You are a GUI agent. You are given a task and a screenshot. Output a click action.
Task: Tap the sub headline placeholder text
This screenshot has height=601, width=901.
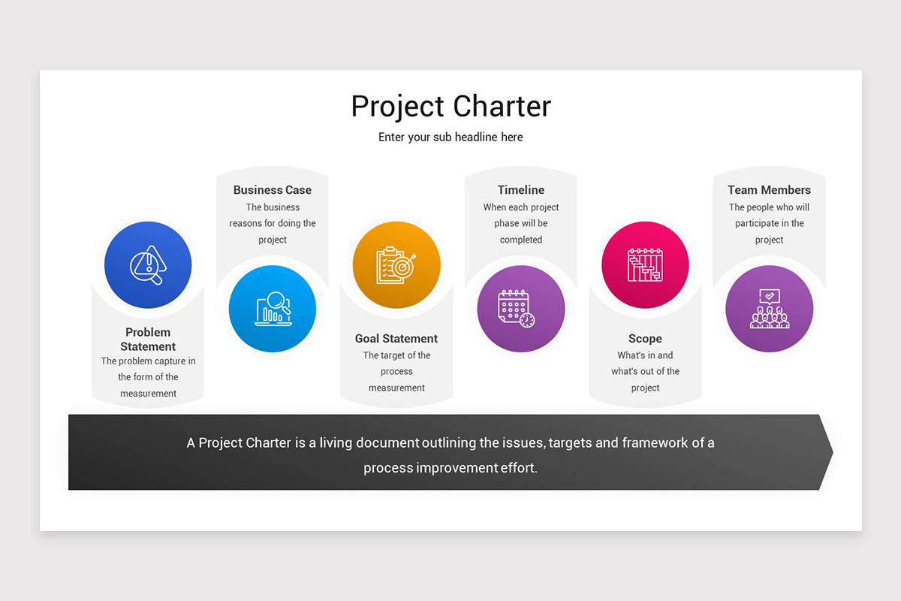(450, 137)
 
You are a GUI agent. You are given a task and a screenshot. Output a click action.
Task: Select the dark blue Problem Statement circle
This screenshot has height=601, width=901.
(148, 264)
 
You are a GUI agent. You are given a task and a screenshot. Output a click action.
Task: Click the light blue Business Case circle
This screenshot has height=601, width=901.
(273, 308)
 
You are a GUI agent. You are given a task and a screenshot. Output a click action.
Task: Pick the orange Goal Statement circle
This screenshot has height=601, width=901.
(396, 264)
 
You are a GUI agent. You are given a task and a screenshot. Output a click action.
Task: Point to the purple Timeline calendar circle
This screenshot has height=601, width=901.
(521, 308)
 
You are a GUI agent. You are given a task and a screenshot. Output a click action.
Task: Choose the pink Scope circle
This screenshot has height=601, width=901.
(645, 264)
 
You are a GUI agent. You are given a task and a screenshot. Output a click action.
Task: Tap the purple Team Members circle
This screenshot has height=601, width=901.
(770, 308)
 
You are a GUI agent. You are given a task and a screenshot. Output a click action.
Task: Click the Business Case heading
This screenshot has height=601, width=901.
(273, 190)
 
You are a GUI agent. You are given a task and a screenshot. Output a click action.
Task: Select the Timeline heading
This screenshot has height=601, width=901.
(521, 190)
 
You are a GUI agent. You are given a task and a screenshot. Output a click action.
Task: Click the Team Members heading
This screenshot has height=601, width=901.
(770, 190)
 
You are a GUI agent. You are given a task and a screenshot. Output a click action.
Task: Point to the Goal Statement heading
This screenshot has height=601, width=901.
(396, 339)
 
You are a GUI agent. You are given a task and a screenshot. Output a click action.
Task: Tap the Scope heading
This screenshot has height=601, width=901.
(645, 339)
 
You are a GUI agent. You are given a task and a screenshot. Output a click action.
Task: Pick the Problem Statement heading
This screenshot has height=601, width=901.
(148, 340)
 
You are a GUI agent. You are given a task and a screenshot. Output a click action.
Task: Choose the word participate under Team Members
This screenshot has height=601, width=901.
(761, 223)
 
